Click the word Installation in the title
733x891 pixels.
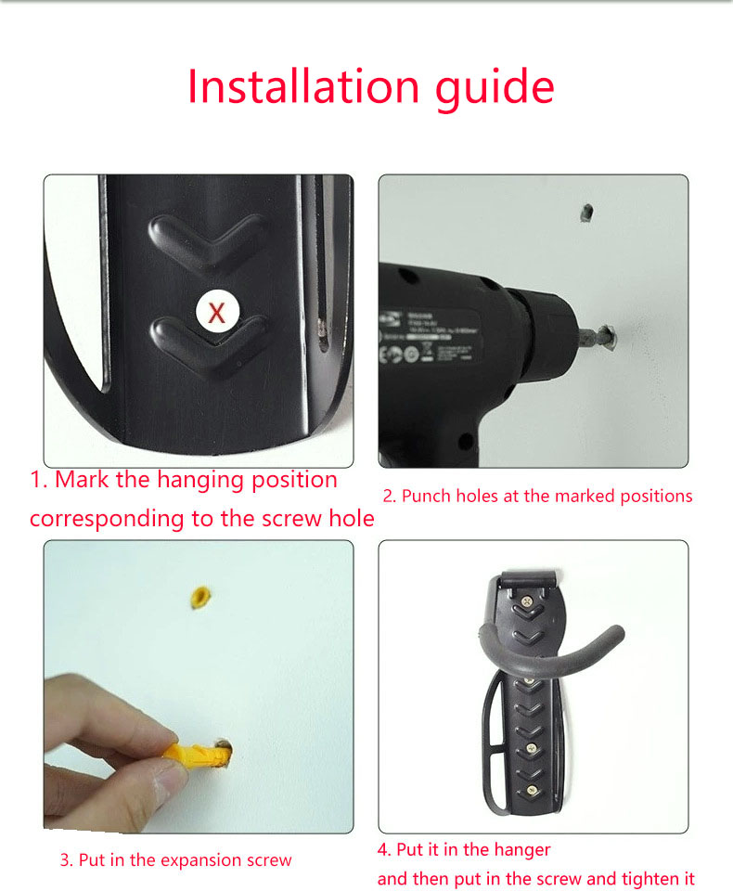point(303,86)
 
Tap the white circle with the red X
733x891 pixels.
point(217,312)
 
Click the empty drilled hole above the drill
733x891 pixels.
point(587,213)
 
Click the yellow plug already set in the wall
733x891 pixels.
point(199,598)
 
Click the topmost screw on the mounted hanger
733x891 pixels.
point(528,600)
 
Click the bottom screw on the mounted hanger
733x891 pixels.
point(532,789)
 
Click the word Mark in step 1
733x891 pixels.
point(82,480)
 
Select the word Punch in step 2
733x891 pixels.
point(426,496)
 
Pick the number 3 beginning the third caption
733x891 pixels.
point(65,860)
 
